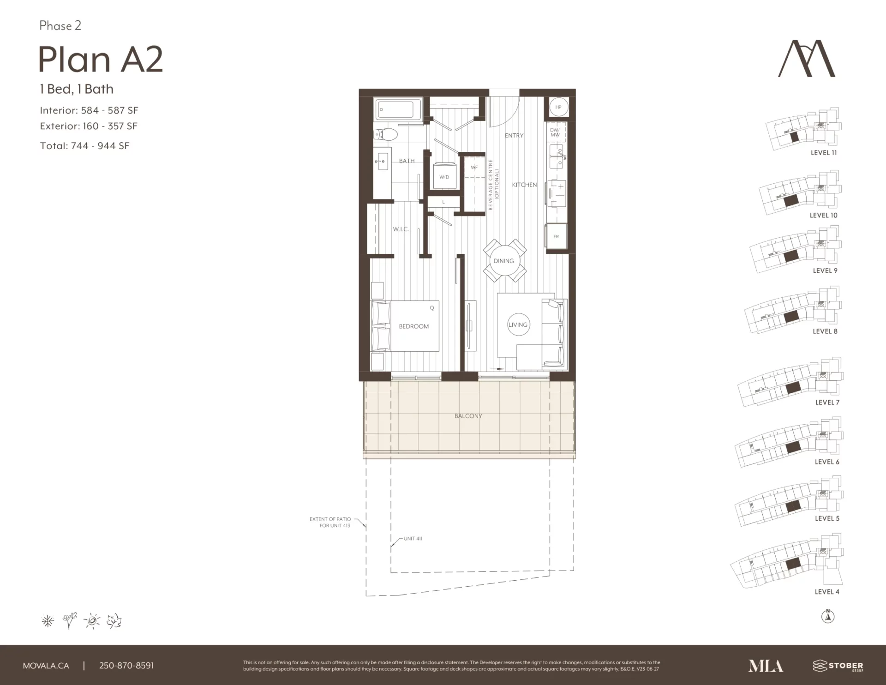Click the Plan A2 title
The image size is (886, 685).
101,60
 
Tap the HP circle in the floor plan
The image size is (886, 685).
558,107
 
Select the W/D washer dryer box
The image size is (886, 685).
444,176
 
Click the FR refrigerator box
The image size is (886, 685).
556,237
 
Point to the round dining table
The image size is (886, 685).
504,261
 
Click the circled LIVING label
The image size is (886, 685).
518,324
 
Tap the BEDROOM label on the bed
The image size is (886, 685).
414,326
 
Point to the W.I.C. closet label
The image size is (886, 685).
401,229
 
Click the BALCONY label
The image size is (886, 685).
468,416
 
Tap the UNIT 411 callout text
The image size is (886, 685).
413,539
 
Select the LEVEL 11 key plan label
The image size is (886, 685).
824,153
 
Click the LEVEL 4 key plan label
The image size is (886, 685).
827,592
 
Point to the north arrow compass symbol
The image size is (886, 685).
828,616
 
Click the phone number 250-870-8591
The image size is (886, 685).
126,666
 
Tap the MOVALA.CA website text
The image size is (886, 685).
46,666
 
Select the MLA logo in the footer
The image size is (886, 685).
766,666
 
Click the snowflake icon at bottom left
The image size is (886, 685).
48,621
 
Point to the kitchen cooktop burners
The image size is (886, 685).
557,193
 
